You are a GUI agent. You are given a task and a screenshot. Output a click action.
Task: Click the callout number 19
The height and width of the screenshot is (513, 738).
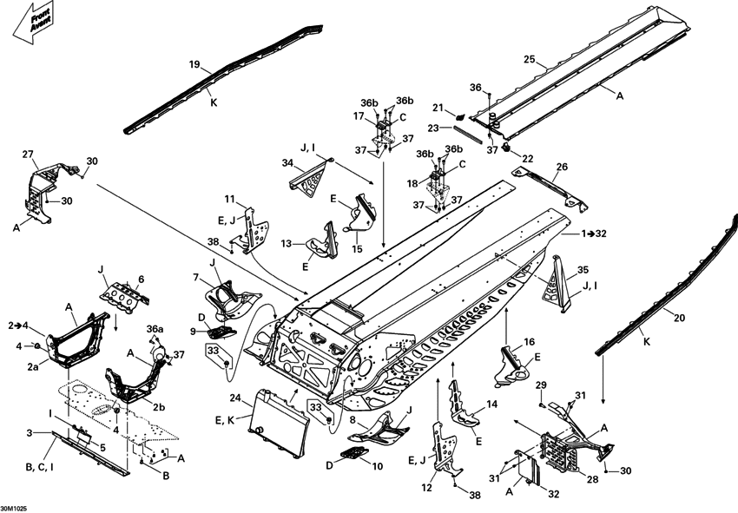[194, 63]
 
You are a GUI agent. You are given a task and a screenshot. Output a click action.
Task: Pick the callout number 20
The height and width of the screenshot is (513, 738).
[679, 318]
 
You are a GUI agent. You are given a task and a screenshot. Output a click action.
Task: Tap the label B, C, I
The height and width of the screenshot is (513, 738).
[42, 468]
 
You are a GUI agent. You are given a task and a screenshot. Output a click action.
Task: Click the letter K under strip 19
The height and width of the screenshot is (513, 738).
[213, 102]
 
